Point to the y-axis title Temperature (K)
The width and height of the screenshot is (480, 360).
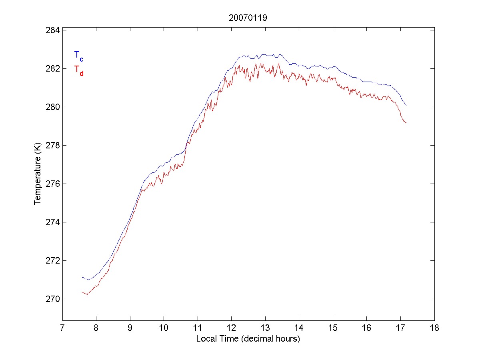[x=38, y=174]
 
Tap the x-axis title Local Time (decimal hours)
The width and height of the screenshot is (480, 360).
[x=248, y=339]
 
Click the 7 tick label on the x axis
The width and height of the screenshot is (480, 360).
[x=62, y=328]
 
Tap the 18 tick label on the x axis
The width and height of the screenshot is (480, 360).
[x=434, y=328]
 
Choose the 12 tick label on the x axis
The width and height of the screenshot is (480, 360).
[x=231, y=328]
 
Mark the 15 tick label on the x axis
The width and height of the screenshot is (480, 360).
[x=333, y=328]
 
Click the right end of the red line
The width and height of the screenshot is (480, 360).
[x=406, y=123]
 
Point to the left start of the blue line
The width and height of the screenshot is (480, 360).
[x=82, y=277]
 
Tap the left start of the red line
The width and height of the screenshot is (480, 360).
[x=82, y=292]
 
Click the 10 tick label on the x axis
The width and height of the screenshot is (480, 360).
[x=164, y=328]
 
